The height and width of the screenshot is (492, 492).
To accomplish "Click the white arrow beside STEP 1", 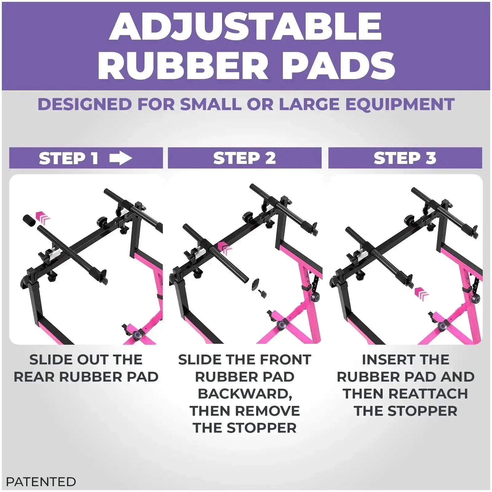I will [x=121, y=158].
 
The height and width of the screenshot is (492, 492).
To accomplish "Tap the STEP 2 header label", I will [x=244, y=158].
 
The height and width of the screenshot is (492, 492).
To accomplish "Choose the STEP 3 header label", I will [x=405, y=158].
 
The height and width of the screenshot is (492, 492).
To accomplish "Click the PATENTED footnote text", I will [x=41, y=482].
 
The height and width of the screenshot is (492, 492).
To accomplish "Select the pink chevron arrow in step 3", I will [x=422, y=294].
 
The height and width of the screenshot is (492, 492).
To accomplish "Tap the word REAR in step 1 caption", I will [x=34, y=377].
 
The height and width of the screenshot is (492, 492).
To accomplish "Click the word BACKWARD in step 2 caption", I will [x=244, y=394].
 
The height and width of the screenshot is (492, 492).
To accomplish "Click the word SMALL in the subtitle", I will [x=211, y=104].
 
